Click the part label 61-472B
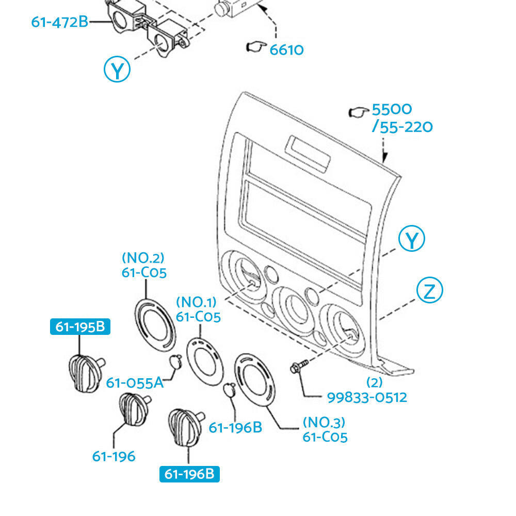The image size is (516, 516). pos(59,22)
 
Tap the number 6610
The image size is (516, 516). pos(286,50)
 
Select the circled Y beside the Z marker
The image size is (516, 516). pos(412,239)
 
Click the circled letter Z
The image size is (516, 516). pos(429,292)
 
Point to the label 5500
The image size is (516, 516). pos(392,110)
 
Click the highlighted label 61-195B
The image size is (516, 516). pos(79,327)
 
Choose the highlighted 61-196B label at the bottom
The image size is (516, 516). pos(189,474)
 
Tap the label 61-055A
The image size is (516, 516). pos(135,383)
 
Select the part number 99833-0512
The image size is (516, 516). pos(367,397)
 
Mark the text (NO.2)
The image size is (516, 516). pos(143,257)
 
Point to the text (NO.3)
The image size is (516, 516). pos(324,422)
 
